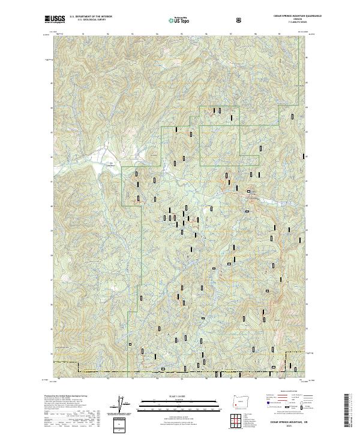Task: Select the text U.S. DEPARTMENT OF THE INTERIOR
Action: click(92, 17)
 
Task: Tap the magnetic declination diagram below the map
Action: click(120, 405)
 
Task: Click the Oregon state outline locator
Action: click(242, 401)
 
